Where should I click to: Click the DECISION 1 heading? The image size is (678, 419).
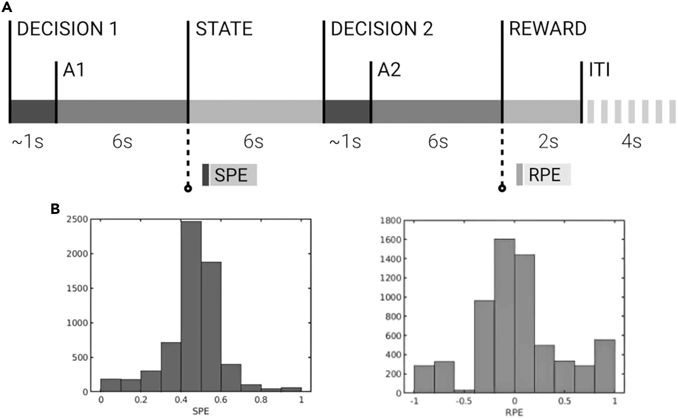67,29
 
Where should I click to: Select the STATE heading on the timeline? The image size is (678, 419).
224,29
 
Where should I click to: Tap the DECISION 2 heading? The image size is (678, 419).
382,29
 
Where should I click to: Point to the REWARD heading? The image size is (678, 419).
548,29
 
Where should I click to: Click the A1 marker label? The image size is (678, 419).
74,70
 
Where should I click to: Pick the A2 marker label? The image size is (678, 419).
389,70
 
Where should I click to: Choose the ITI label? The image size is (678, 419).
599,70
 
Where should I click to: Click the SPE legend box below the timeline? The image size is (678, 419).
230,175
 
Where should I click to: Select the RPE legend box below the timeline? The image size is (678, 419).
544,175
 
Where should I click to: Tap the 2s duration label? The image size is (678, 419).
548,142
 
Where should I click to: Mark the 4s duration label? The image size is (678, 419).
631,142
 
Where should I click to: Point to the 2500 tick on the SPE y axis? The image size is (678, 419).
77,219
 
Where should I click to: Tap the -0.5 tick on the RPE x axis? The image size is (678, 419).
463,401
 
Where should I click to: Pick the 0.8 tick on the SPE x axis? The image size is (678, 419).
261,400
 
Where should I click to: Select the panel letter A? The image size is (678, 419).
7,6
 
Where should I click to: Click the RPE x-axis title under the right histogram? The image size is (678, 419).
514,412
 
